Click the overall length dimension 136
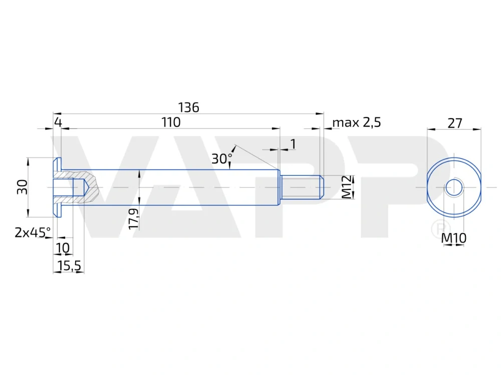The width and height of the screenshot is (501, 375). pos(189,107)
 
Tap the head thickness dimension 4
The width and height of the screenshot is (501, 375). pos(58,122)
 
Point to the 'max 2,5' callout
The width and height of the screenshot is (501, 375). pos(357,122)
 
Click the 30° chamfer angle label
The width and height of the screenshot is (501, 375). pos(221,158)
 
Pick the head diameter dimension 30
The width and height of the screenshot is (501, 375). pos(22,187)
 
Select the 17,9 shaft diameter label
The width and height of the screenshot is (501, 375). pos(133,219)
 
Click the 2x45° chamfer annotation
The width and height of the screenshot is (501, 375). pos(33,232)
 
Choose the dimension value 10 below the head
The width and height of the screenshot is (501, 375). pos(63,248)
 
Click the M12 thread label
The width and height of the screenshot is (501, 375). pos(347,187)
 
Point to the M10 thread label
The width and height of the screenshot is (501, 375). pos(454,239)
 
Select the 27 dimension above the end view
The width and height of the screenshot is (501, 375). pos(454,123)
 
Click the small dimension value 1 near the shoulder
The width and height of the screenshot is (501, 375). pos(293,144)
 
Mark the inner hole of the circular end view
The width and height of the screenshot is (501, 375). pos(454,187)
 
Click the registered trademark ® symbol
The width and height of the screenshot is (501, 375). pos(438,229)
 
